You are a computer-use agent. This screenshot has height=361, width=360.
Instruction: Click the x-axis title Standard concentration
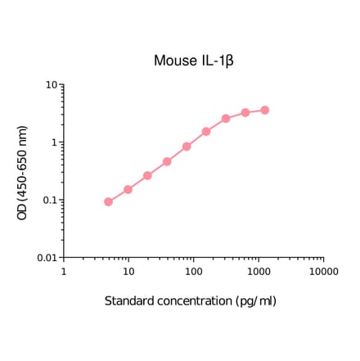tap(190, 300)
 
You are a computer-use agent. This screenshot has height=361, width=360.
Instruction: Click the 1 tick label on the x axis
tap(64, 271)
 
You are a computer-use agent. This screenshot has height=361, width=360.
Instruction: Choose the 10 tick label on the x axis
tap(128, 271)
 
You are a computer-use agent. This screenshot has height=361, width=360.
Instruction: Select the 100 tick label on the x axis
tap(193, 271)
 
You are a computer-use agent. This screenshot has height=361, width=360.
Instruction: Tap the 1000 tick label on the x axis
tap(259, 271)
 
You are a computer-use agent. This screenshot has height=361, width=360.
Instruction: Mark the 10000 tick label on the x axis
tap(323, 271)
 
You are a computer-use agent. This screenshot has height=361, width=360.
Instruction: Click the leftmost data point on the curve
tap(109, 201)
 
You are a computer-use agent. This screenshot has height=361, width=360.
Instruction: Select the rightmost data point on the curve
tap(265, 110)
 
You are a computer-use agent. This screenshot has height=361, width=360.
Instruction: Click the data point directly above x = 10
tap(128, 189)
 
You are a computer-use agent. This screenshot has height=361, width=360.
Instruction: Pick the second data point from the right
tap(245, 112)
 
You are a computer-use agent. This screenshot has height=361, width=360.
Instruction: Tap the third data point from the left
tap(148, 175)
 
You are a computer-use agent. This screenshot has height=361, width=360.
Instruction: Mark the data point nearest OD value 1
tap(187, 147)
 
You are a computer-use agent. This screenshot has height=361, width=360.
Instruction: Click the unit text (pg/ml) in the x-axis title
tap(256, 300)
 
